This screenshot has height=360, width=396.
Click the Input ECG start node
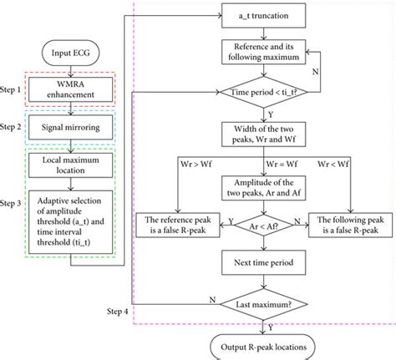(70, 53)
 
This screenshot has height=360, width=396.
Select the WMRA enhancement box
(70, 89)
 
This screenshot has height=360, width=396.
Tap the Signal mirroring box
(70, 127)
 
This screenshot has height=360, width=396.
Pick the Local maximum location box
(70, 165)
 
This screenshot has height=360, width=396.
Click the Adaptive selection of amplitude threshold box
(70, 222)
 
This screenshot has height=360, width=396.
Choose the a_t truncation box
(263, 15)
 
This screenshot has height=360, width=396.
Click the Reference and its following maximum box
(263, 52)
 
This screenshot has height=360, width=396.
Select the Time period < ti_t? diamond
(264, 92)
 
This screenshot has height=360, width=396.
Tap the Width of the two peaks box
(263, 134)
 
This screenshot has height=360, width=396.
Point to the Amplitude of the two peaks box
(263, 188)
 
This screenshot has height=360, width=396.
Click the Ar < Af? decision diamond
(264, 226)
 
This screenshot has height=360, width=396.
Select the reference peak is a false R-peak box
(178, 225)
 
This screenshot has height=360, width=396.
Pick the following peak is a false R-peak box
(351, 225)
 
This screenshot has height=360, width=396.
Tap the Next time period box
(263, 262)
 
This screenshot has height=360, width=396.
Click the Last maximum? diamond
(264, 304)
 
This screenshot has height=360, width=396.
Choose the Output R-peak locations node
(263, 347)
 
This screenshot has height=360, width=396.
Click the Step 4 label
(118, 312)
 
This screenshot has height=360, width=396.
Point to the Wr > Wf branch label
(196, 164)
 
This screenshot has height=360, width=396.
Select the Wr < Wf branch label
(333, 164)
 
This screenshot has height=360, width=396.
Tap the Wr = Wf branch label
(282, 164)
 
